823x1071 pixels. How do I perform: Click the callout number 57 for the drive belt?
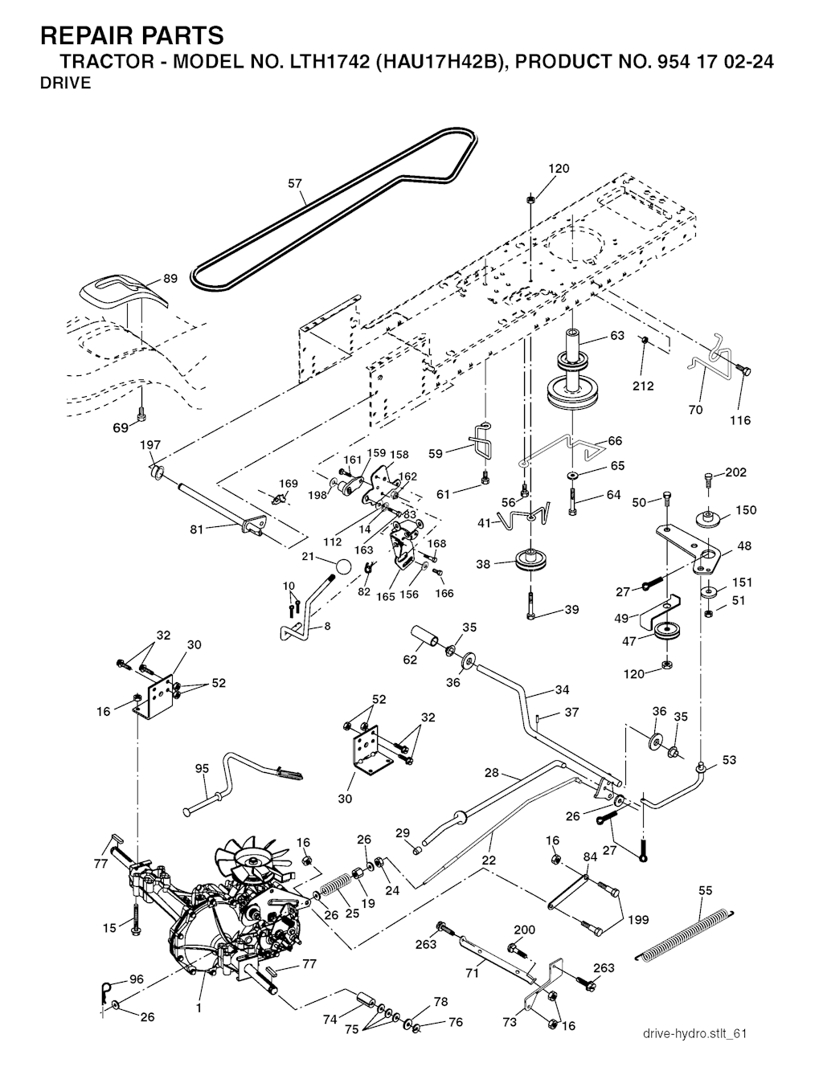tap(296, 184)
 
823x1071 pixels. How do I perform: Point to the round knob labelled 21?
tap(343, 566)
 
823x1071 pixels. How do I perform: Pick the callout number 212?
tap(643, 386)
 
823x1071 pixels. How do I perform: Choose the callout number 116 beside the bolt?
tap(739, 420)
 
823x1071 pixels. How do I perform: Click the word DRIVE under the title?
tap(65, 83)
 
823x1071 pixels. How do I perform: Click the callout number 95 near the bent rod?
tap(202, 769)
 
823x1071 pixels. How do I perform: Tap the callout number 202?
tap(736, 472)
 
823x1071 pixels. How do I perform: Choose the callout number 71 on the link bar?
tap(473, 974)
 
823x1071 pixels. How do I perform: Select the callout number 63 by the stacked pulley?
tap(617, 336)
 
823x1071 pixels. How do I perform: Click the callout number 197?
tap(151, 445)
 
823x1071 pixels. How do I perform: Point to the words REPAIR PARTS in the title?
tap(132, 35)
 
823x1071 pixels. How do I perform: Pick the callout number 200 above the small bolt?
tap(524, 930)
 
